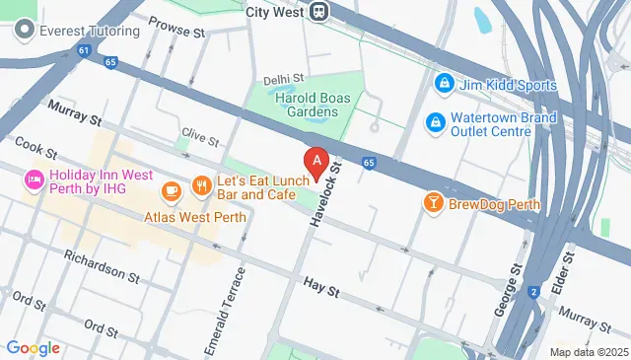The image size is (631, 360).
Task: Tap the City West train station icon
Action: tap(318, 11)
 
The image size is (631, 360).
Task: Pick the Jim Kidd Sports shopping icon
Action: tap(444, 85)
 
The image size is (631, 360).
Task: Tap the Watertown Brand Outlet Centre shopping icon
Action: tap(433, 122)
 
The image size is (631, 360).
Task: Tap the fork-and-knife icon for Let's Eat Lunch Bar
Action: tap(201, 184)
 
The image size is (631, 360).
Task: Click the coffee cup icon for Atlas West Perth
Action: tap(172, 189)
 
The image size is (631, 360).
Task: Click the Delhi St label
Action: tap(284, 79)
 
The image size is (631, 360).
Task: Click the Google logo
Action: tap(34, 347)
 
